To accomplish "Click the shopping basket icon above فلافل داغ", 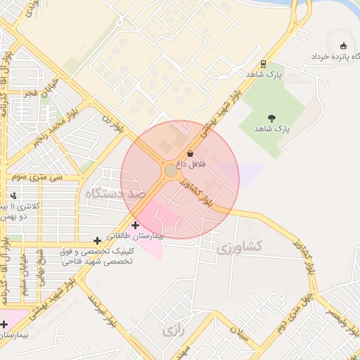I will pos(190,154).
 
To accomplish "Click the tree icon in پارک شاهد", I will pos(272,117).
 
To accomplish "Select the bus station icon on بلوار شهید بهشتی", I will pos(263,63).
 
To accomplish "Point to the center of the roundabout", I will pos(171,171).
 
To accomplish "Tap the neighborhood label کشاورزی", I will pos(239,247).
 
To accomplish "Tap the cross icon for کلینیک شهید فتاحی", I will pos(97,241).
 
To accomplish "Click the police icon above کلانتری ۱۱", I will pos(14,195).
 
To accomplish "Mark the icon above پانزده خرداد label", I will pos(343,44).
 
